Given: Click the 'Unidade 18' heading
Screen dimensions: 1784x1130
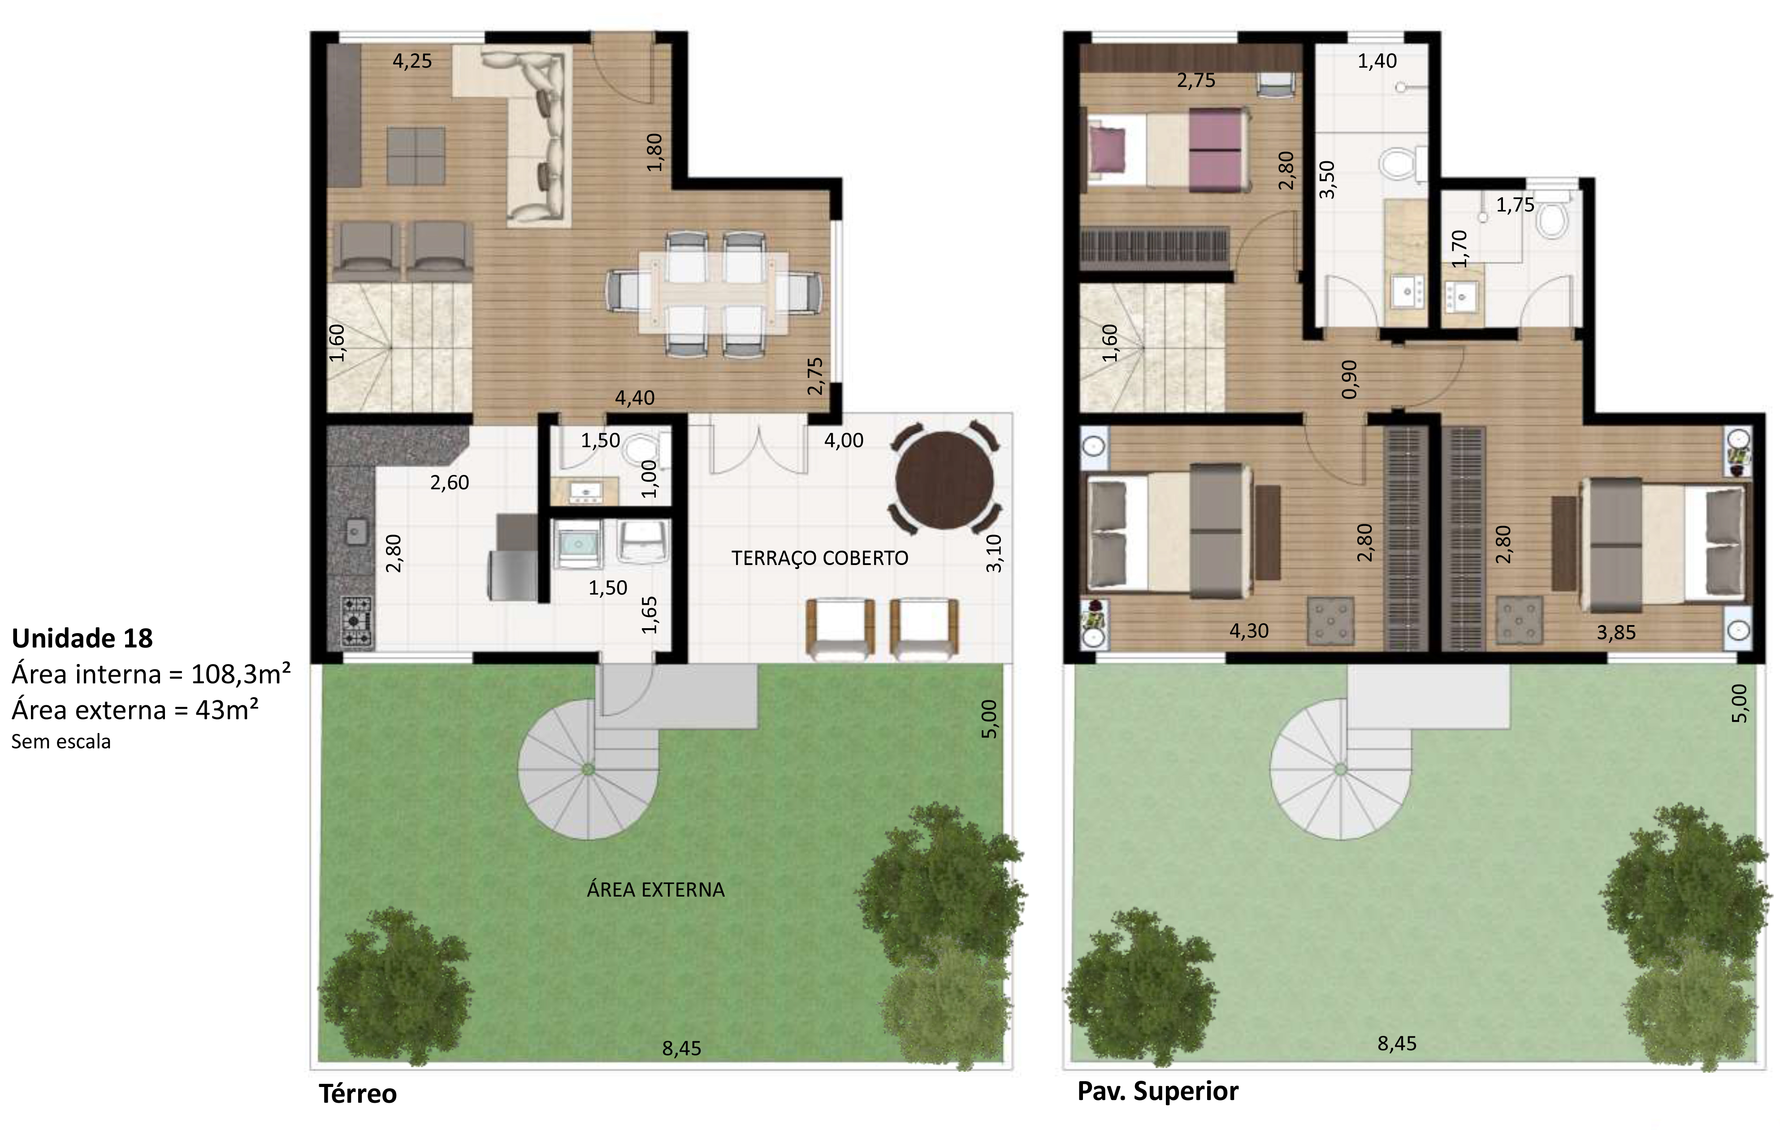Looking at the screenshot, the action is click(x=82, y=638).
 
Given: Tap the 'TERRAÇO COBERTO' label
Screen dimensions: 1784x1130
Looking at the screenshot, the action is click(x=819, y=558).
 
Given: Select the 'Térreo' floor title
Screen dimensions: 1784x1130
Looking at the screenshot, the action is click(x=358, y=1094).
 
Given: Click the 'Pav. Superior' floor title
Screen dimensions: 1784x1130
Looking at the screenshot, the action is click(x=1158, y=1091).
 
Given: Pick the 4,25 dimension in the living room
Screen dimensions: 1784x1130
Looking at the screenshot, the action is click(x=412, y=61).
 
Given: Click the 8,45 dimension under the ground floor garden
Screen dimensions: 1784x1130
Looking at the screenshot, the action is click(x=682, y=1048).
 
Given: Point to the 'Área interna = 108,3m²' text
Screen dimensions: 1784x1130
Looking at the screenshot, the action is click(x=151, y=675).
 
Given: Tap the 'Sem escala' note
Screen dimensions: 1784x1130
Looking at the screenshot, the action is click(x=61, y=742).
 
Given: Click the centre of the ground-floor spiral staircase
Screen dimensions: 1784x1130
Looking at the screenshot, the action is click(x=588, y=769).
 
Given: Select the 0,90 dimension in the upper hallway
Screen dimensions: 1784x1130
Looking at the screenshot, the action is click(x=1349, y=379).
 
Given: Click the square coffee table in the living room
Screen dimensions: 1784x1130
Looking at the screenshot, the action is click(x=416, y=156).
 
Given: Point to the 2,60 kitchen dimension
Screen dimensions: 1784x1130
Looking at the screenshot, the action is click(x=450, y=483).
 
